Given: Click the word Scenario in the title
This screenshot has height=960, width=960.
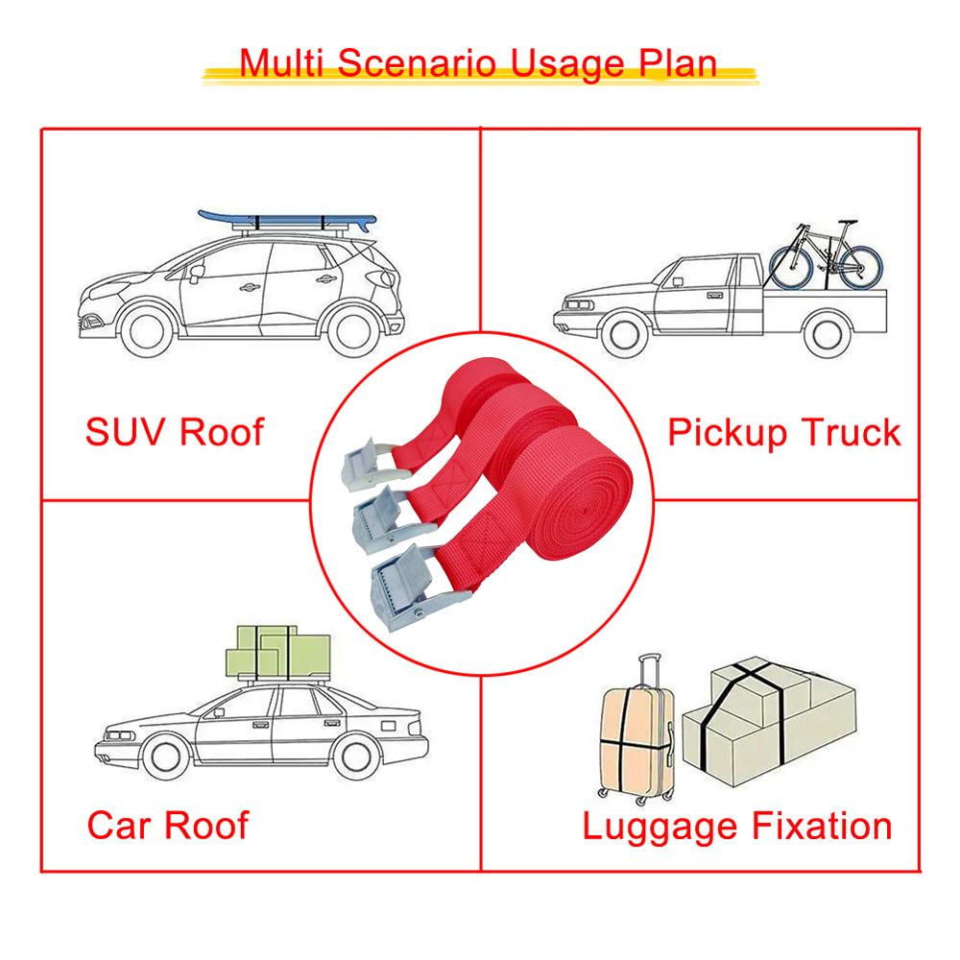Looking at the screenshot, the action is point(417,62).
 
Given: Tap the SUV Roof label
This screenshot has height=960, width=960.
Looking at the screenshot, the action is point(175,432).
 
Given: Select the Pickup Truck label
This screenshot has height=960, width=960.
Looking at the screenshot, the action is point(784,433).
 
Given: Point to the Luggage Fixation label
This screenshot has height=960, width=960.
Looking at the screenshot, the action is point(737,828).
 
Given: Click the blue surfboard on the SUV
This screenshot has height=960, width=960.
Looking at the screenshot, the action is point(287,221).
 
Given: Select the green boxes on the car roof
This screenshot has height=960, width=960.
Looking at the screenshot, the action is point(278,652).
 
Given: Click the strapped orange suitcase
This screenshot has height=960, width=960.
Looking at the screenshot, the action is point(637,742).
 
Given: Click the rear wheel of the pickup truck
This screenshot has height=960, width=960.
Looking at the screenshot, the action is point(827,334).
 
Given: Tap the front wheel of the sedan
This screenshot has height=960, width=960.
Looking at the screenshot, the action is point(166,756).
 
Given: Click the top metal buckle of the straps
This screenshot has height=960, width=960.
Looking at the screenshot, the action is point(366,465).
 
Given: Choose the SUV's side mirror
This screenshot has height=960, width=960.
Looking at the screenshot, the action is point(196,274).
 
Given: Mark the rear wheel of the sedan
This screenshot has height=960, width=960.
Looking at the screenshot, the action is point(355,757).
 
